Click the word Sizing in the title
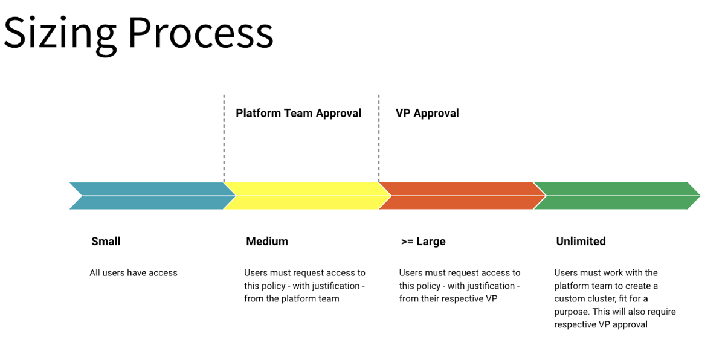(x=59, y=33)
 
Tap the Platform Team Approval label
(x=298, y=113)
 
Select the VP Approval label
(x=427, y=113)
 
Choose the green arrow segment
(x=613, y=196)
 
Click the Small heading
(x=106, y=242)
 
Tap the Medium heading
(x=267, y=242)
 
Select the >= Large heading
(x=423, y=242)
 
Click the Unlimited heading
(x=581, y=242)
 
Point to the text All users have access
(x=134, y=273)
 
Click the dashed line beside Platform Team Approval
(x=224, y=139)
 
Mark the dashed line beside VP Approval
(x=379, y=139)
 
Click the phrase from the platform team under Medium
(x=292, y=298)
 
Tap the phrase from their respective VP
(x=448, y=298)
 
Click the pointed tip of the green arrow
(x=698, y=196)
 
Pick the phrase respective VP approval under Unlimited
(x=601, y=325)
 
